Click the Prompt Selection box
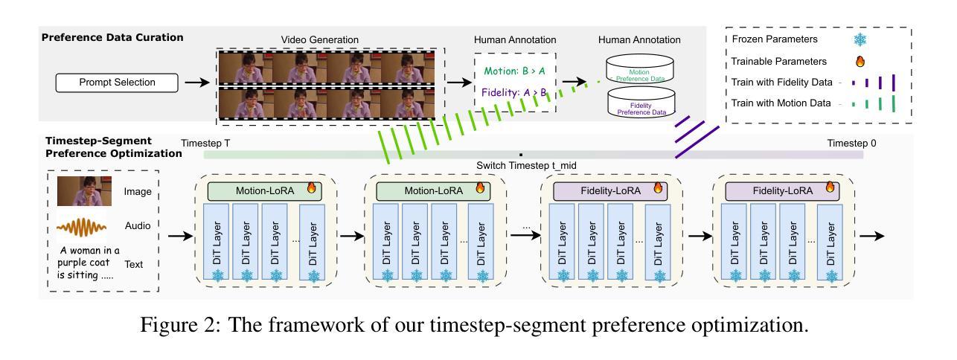pos(117,83)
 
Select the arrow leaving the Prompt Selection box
pos(197,83)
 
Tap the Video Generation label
pos(319,39)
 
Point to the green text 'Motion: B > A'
pos(514,71)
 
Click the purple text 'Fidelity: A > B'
pos(514,92)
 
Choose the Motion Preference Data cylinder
pos(639,68)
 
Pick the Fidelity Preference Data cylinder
pos(641,102)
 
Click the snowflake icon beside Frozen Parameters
pos(860,39)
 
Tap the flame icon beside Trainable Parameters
pos(860,62)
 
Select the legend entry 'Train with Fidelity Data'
pos(782,82)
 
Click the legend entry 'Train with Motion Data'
pos(781,103)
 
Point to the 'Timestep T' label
pos(205,143)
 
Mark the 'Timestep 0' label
pos(851,143)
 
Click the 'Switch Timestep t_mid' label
pos(526,165)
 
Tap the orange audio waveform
pos(82,227)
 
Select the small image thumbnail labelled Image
pos(85,191)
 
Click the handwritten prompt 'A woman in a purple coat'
pos(89,256)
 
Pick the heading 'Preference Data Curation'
pos(112,37)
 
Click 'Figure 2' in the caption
pos(180,325)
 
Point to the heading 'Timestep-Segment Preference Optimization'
pos(114,147)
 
